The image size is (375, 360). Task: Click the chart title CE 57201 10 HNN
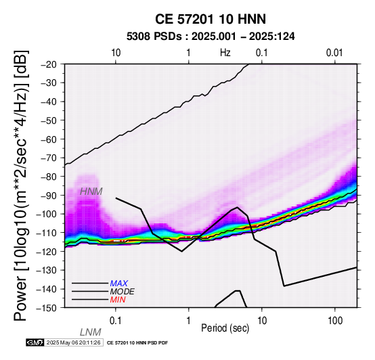click(211, 19)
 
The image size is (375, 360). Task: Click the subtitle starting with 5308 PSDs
click(211, 37)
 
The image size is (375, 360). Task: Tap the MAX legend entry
click(119, 284)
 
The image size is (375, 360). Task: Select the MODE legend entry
click(123, 292)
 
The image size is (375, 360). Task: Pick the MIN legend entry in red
click(118, 300)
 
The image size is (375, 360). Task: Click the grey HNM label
click(91, 192)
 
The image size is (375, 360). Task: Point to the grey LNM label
click(91, 332)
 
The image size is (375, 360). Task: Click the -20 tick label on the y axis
click(49, 64)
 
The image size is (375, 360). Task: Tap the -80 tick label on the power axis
click(49, 177)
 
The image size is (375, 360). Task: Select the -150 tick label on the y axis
click(47, 308)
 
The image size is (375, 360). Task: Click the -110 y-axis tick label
click(47, 233)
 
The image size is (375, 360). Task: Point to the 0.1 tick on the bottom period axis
click(116, 321)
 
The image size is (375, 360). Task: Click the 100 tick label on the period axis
click(335, 321)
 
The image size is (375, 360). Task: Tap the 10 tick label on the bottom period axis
click(262, 321)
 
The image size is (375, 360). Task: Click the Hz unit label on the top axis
click(225, 53)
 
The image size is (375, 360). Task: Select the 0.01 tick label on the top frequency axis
click(334, 53)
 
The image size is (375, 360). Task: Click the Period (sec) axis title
click(225, 328)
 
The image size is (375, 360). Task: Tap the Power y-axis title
click(20, 186)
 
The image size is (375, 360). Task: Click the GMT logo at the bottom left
click(35, 342)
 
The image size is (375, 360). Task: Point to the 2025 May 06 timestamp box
click(74, 342)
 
